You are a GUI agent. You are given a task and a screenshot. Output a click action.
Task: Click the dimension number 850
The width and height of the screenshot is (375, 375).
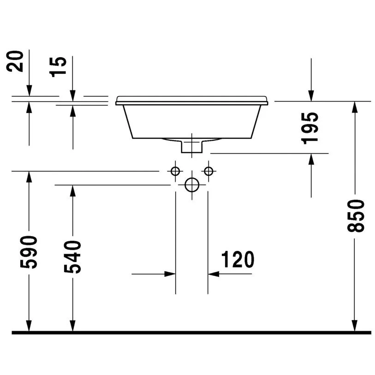point(357,216)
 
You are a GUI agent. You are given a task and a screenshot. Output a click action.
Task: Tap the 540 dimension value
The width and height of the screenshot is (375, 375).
point(72,257)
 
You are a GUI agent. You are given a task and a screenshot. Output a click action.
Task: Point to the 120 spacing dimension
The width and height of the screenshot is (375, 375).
point(238,260)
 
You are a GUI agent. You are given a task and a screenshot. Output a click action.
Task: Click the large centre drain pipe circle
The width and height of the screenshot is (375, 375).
point(192,185)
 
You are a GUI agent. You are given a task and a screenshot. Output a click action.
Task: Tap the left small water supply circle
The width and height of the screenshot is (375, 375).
point(175,171)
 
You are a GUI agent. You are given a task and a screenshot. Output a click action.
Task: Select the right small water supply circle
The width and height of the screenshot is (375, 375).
point(209,171)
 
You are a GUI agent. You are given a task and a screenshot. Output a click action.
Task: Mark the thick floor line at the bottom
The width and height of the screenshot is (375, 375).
point(191,332)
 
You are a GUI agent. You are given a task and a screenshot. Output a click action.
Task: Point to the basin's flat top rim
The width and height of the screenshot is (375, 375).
point(192,99)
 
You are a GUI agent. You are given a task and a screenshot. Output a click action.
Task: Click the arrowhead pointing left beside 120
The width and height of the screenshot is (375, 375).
point(213,274)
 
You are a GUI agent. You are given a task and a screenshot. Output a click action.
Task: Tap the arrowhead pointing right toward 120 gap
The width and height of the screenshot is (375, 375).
point(171,274)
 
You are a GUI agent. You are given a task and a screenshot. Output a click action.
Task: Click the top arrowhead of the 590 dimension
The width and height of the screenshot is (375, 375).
point(29,176)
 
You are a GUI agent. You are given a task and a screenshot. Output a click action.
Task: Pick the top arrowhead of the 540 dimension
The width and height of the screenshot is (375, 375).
point(72,190)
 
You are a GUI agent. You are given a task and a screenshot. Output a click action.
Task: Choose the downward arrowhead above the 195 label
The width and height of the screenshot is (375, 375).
point(311,95)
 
